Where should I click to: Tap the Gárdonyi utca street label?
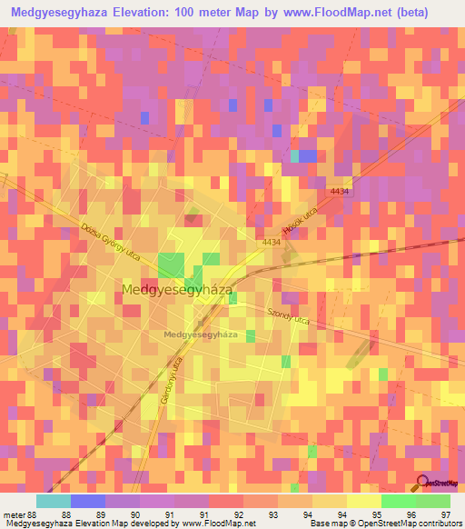(x=167, y=374)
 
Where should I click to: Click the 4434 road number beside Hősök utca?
(x=271, y=243)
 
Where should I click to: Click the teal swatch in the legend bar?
(x=54, y=501)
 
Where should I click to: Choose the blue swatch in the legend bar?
(x=88, y=501)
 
